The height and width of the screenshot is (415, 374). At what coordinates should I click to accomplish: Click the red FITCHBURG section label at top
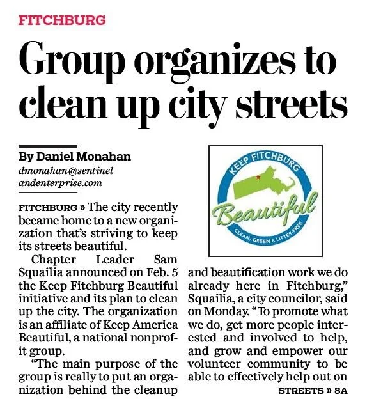(x=61, y=20)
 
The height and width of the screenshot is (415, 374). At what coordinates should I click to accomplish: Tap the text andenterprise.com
(x=56, y=183)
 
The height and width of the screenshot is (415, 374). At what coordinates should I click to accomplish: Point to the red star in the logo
(x=257, y=176)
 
